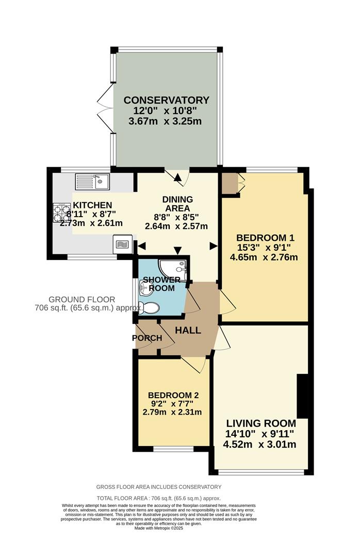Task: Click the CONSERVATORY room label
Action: pos(166,100)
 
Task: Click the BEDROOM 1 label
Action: pos(265,238)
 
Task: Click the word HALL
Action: pos(187,330)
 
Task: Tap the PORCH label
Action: pos(148,338)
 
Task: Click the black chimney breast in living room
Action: pos(303,397)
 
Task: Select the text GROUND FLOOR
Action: pos(81,299)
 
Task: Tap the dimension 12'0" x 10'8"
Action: pos(166,111)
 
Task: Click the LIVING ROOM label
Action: pos(261,423)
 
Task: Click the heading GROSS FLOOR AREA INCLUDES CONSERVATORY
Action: pos(159,487)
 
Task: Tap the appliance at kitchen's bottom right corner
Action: pos(122,244)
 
